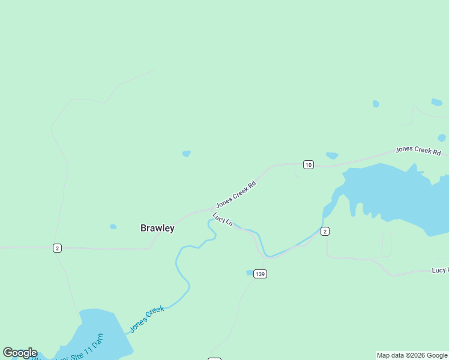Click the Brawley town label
[157, 228]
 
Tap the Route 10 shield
[308, 164]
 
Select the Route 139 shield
[260, 274]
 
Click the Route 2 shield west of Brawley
[57, 248]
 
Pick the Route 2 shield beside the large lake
[325, 231]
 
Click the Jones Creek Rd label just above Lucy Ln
[236, 194]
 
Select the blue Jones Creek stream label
[147, 318]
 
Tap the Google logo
[20, 353]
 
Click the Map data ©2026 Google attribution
[412, 355]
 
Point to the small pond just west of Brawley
[113, 227]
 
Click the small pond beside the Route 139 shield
[249, 272]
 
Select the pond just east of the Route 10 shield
[332, 156]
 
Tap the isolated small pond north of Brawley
[186, 154]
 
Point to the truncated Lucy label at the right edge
[440, 271]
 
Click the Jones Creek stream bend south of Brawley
[180, 264]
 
